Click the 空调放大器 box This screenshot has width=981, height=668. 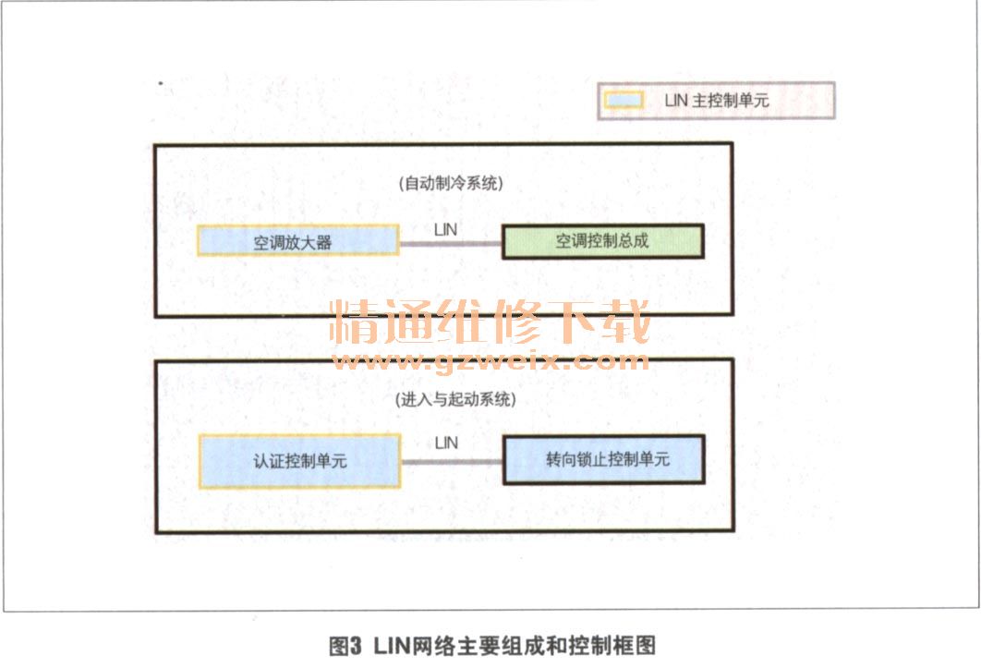pos(297,242)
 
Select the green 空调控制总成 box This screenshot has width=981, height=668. pos(602,242)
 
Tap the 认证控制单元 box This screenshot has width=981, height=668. pos(299,460)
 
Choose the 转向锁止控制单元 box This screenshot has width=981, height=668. pos(602,459)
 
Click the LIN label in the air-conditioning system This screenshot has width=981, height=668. pos(446,225)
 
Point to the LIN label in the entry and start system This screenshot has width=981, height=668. pos(446,443)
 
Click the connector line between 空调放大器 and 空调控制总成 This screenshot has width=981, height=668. pos(450,244)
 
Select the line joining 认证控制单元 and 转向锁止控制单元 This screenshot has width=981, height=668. pos(451,461)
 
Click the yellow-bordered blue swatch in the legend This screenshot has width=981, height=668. pos(623,100)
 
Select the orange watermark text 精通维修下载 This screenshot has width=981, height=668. pos(490,322)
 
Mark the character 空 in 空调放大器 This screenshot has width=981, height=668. pos(262,243)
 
